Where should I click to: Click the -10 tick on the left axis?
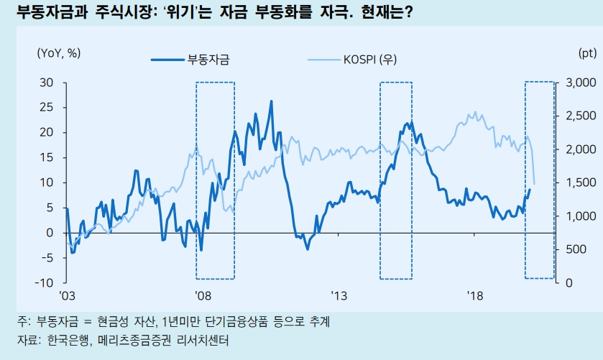(45, 282)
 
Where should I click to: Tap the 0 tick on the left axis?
(50, 233)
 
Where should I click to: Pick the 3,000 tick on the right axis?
(580, 83)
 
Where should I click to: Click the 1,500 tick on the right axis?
(580, 183)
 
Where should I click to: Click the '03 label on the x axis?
(67, 296)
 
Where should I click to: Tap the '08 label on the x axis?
(203, 296)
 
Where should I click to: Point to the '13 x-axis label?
(339, 296)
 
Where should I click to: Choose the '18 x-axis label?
(474, 296)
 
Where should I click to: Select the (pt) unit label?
(586, 53)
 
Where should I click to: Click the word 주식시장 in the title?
(119, 13)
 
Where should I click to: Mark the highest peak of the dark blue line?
(271, 101)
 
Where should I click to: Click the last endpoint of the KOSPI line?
(534, 184)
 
